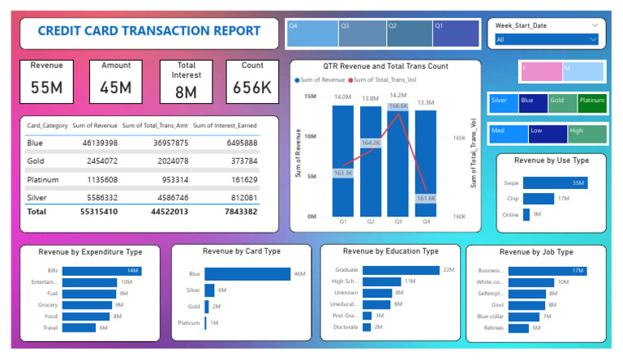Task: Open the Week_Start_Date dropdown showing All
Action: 546,39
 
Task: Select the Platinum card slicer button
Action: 591,103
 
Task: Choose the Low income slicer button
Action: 548,133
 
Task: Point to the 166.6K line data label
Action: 397,106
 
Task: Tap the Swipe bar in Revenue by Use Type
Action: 554,183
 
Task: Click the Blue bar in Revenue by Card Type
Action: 247,274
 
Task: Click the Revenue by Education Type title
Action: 390,251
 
